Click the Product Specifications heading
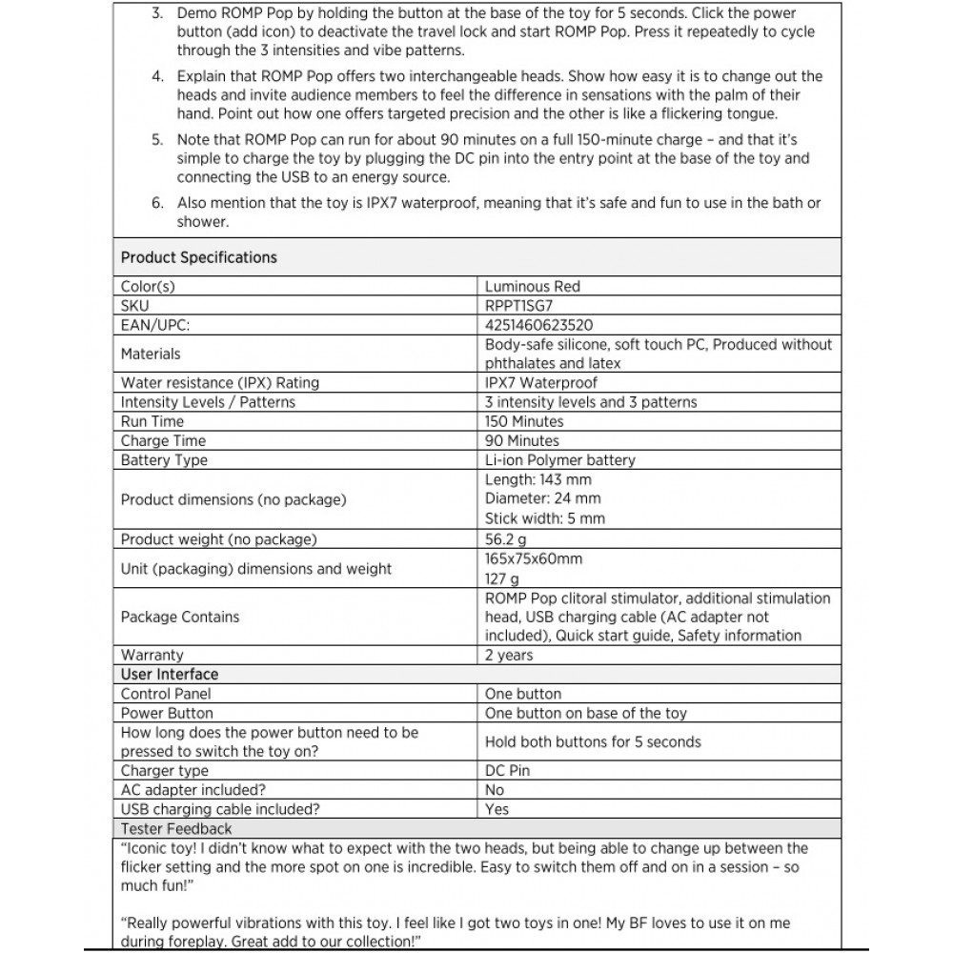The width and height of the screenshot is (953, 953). (x=199, y=257)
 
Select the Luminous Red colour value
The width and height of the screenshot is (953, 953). (x=532, y=286)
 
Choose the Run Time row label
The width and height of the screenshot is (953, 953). (x=152, y=421)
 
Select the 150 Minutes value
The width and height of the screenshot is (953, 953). (x=524, y=421)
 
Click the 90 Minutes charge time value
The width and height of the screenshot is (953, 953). (x=521, y=440)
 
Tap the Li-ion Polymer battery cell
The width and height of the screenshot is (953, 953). (x=559, y=460)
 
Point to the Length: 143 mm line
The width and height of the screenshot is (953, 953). (x=537, y=479)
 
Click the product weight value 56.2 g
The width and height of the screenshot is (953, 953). (x=506, y=539)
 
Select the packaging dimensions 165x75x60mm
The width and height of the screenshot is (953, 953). (x=533, y=558)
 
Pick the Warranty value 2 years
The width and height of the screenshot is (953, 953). (x=509, y=655)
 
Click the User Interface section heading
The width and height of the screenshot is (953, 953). (x=170, y=674)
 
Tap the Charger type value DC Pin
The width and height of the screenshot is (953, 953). (x=508, y=770)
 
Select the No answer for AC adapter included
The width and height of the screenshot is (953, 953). (x=495, y=790)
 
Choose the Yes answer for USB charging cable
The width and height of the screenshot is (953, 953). (x=497, y=809)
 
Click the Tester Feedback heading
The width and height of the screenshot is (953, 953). (x=176, y=828)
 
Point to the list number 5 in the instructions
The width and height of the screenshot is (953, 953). (x=157, y=139)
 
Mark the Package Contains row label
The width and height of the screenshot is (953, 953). (x=180, y=617)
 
